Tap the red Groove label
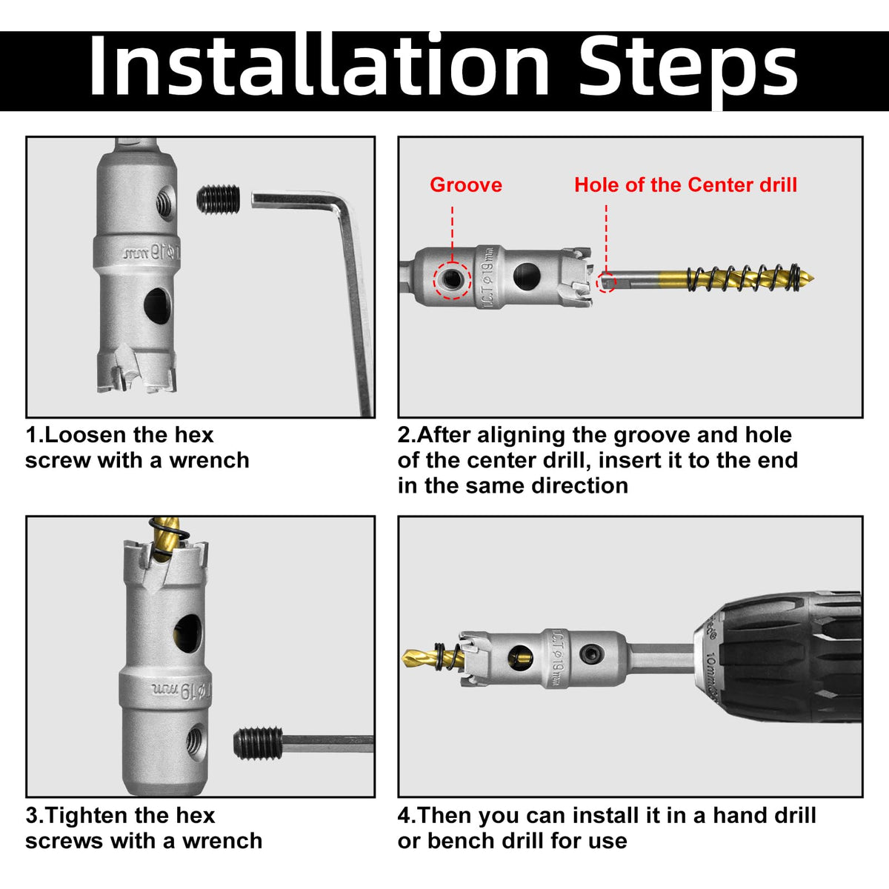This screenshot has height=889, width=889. coord(466,185)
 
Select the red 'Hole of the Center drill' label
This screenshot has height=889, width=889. coord(685,185)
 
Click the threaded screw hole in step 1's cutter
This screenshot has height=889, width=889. coord(165,202)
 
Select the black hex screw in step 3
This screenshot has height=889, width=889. coord(258,744)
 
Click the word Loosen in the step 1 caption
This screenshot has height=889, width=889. coord(84,435)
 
